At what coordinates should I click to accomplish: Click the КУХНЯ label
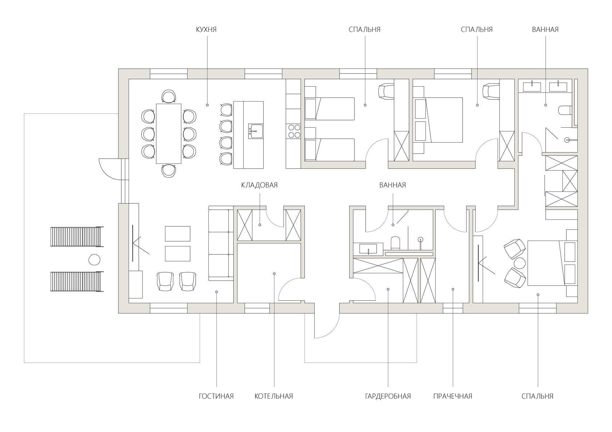(206, 29)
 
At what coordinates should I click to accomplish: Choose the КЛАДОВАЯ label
(259, 185)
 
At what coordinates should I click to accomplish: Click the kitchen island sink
(255, 131)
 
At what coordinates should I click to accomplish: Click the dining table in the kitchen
(168, 134)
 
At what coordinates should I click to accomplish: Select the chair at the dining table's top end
(169, 96)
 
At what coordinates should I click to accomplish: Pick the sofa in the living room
(221, 243)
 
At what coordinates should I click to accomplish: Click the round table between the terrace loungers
(94, 259)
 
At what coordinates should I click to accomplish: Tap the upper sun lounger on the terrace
(76, 237)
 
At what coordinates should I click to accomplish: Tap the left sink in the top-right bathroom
(531, 87)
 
